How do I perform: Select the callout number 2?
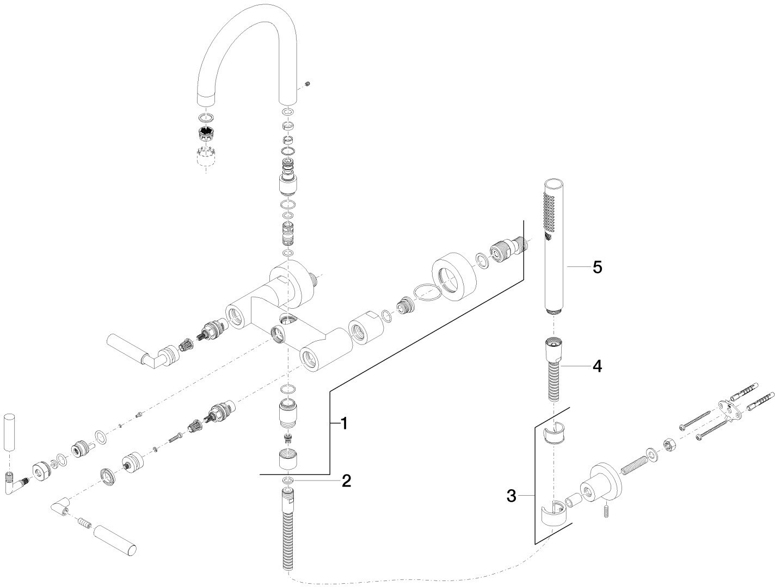coord(346,480)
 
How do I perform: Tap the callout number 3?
coord(511,495)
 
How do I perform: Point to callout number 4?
coord(597,366)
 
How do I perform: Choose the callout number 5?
coord(597,267)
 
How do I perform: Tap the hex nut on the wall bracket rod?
coord(669,446)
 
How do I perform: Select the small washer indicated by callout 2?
coord(288,480)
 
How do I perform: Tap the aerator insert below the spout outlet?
coord(206,133)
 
